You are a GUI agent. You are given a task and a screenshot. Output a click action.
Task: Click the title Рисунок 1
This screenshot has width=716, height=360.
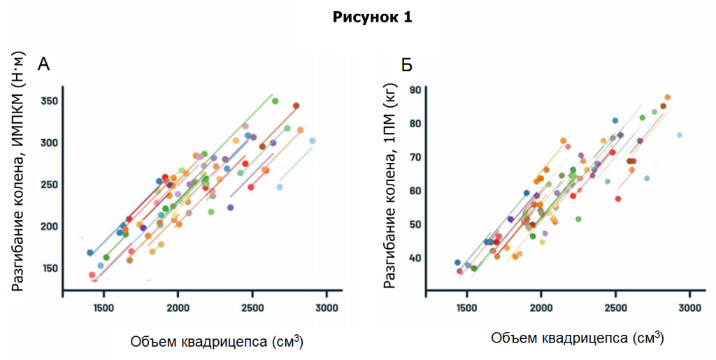[372, 18]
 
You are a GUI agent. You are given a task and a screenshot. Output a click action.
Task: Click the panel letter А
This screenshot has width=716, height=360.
[43, 65]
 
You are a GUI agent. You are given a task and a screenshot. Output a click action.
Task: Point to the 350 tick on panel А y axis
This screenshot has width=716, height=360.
[48, 101]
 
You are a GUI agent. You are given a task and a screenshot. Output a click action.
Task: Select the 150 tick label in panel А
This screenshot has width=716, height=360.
[48, 268]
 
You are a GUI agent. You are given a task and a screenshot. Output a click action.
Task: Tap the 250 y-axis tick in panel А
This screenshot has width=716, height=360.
[48, 185]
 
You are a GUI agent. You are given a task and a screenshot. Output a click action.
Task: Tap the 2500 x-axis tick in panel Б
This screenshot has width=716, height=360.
[615, 308]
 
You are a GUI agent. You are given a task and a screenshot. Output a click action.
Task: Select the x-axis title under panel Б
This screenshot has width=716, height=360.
[577, 338]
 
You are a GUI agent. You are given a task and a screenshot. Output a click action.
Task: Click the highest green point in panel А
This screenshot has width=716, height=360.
[275, 101]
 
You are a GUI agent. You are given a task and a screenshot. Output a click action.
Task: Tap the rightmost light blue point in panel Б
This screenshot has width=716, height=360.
[679, 135]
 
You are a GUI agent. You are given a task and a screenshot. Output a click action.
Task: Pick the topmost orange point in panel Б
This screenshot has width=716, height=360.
[667, 98]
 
